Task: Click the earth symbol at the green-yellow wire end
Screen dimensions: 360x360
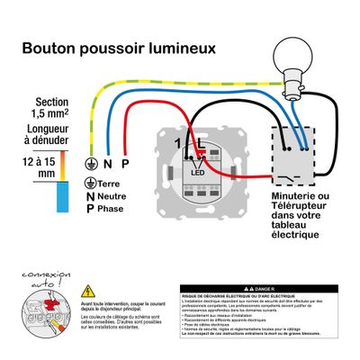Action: (90, 164)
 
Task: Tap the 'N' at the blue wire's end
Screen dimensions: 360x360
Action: (107, 164)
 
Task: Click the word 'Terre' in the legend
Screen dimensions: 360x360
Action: (112, 183)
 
